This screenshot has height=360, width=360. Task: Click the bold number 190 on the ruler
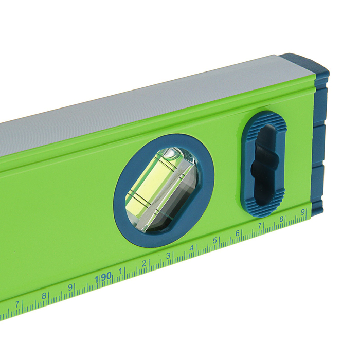click(x=103, y=277)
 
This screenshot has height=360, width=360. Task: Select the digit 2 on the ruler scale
click(x=144, y=263)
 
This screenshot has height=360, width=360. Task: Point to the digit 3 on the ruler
click(x=168, y=255)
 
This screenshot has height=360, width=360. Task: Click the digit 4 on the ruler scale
click(x=191, y=248)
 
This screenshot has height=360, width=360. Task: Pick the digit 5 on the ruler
click(x=214, y=241)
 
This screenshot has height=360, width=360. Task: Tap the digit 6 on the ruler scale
click(x=238, y=233)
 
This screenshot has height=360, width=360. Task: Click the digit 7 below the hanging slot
click(x=259, y=226)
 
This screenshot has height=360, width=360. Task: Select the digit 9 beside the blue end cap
click(x=303, y=212)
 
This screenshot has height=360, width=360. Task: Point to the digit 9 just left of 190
click(x=70, y=287)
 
